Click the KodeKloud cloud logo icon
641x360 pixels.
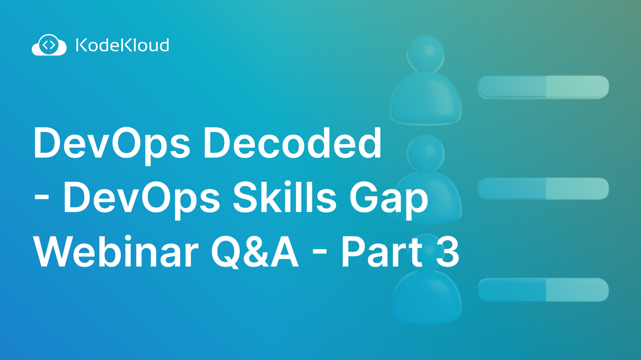pos(49,45)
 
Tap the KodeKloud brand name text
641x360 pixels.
pos(122,45)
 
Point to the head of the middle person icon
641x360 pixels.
pos(425,152)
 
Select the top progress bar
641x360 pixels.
pos(543,87)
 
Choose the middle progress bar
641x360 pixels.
pos(543,189)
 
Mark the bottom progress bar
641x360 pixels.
pos(543,289)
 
